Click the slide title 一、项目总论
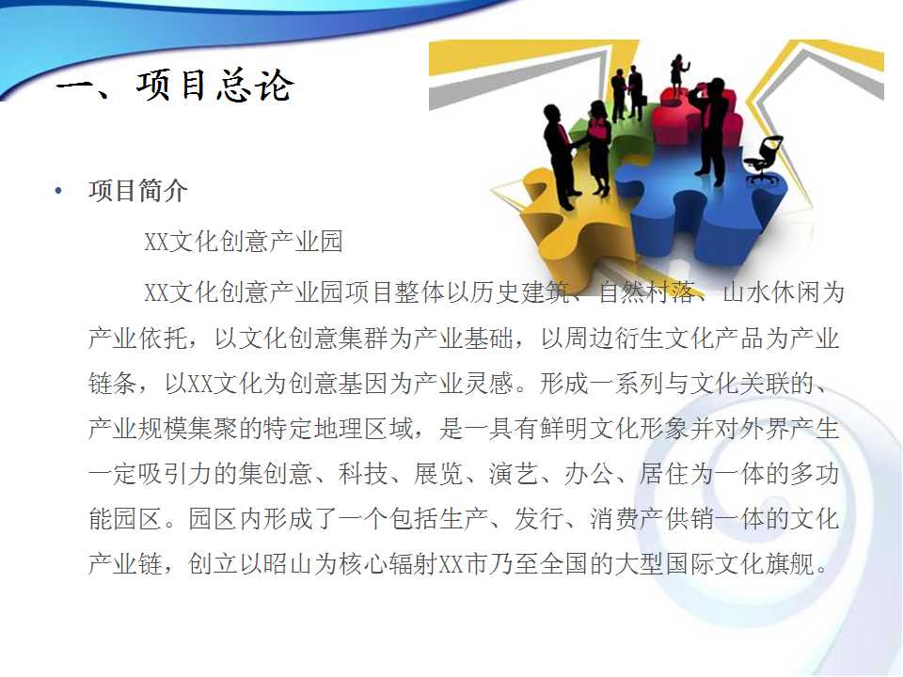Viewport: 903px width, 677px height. pyautogui.click(x=176, y=86)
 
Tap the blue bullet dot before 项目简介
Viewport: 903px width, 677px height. pyautogui.click(x=58, y=191)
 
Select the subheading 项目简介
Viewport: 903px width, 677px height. pyautogui.click(x=138, y=191)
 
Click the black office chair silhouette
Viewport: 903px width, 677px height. pyautogui.click(x=764, y=159)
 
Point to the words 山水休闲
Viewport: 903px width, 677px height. pyautogui.click(x=771, y=291)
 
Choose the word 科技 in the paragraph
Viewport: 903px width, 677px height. pyautogui.click(x=363, y=473)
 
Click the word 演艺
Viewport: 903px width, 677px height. pyautogui.click(x=514, y=473)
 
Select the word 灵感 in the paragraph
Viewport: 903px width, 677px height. pyautogui.click(x=488, y=383)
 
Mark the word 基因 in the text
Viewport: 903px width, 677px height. pyautogui.click(x=363, y=383)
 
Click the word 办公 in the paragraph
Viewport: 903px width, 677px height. pyautogui.click(x=589, y=473)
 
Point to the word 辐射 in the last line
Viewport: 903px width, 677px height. pyautogui.click(x=413, y=563)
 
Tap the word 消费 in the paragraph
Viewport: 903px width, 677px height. pyautogui.click(x=614, y=518)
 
